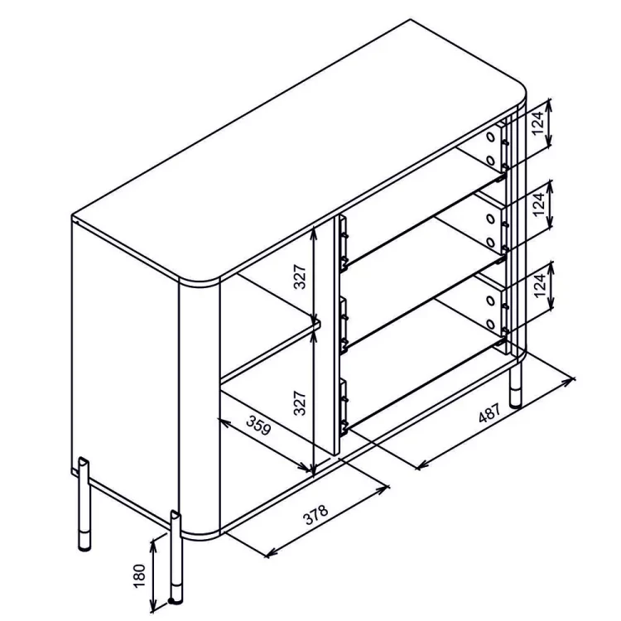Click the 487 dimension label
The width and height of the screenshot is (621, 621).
[x=489, y=412]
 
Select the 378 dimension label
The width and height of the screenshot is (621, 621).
[x=315, y=514]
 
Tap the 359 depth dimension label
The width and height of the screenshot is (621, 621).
[x=258, y=425]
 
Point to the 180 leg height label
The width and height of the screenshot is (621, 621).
[x=140, y=575]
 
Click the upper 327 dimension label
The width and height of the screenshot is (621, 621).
[x=300, y=276]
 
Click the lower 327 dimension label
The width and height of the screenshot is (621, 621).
[x=300, y=402]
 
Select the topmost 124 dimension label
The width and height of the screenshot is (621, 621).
[x=537, y=123]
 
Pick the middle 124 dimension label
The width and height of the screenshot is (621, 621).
[x=539, y=204]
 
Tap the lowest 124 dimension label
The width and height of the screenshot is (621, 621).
[x=539, y=286]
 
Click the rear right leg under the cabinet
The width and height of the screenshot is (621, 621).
[x=515, y=385]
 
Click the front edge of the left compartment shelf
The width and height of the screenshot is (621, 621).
[x=271, y=353]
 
